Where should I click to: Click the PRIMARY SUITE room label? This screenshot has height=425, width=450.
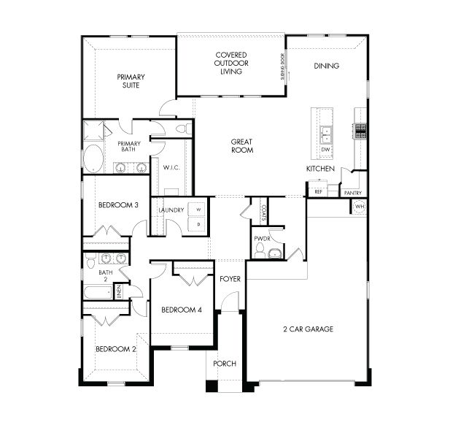131,81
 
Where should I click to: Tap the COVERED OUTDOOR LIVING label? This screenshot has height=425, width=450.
230,64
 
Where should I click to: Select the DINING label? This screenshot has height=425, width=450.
326,66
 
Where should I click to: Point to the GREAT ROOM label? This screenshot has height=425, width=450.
242,146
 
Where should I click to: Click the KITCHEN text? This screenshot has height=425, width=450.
320,169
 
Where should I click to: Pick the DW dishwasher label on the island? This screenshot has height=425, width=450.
326,150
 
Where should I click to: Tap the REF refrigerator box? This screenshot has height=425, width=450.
318,191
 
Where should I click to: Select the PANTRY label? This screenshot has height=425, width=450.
353,193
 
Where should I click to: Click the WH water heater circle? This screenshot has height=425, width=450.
359,207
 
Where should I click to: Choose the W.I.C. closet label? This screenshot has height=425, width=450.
171,168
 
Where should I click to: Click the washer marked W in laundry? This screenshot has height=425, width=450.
198,209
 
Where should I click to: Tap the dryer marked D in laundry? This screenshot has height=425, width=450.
198,225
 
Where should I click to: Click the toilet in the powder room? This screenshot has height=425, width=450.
274,253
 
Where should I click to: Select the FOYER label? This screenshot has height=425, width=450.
230,279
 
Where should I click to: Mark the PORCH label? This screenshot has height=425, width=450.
225,364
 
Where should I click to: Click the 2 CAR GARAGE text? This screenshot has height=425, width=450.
308,329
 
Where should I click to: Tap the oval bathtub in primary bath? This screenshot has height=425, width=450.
94,158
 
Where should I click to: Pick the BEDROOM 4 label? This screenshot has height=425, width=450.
181,310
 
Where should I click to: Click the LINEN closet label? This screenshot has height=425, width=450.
118,292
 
